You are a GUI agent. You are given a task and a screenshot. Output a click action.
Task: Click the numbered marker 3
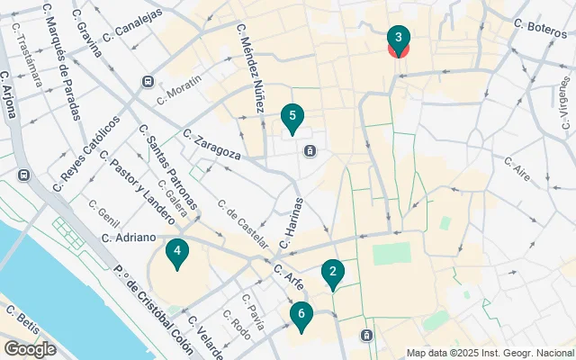tap(398, 39)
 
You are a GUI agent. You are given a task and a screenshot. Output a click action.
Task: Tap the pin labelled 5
tap(291, 117)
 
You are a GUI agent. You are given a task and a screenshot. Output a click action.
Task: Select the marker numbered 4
tap(177, 253)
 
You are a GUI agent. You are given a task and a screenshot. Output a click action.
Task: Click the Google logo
tap(30, 349)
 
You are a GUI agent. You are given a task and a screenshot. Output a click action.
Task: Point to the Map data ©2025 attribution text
tap(489, 353)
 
